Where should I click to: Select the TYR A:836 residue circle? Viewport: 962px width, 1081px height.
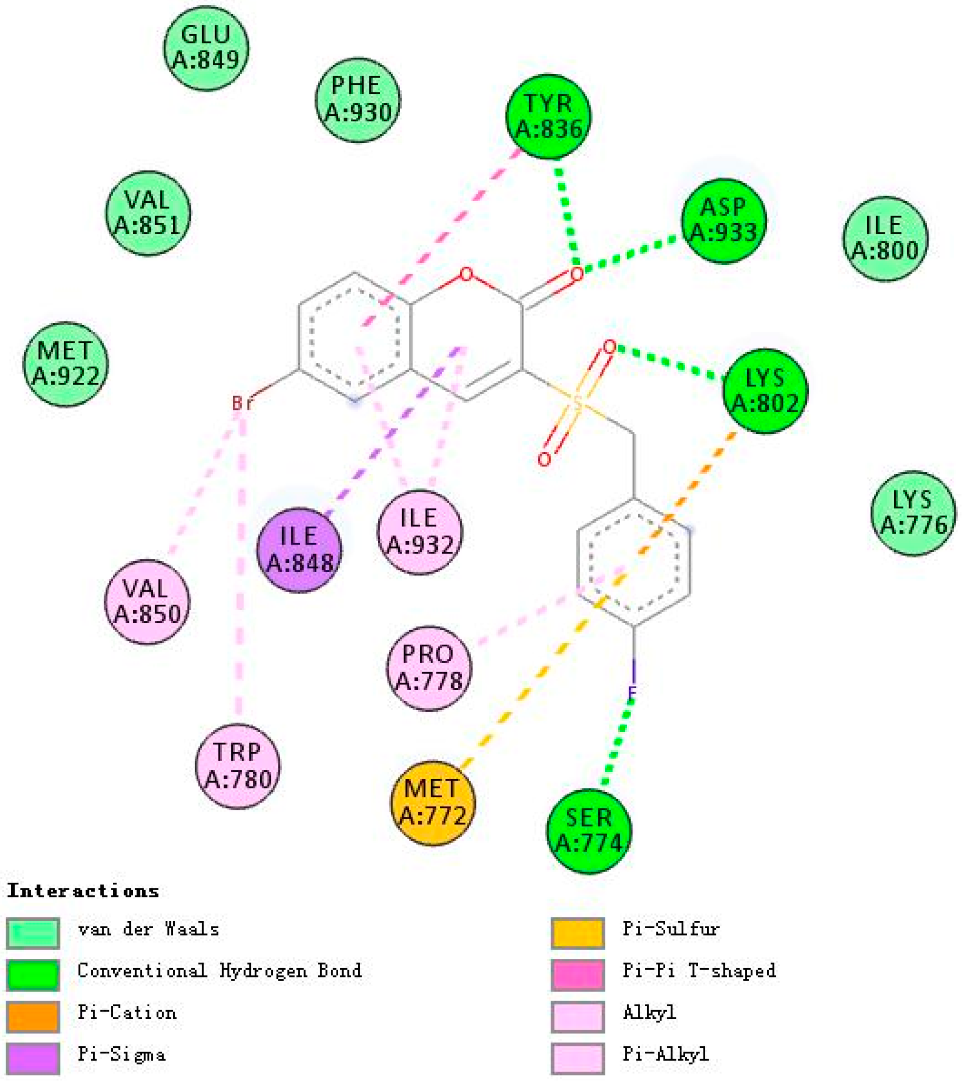pos(549,116)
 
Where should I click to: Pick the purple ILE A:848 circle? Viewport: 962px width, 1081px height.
pos(299,550)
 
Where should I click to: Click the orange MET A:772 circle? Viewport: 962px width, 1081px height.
pos(433,802)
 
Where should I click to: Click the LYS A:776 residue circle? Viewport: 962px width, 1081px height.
pos(913,513)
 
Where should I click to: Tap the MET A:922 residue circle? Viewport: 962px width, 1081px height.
pos(65,364)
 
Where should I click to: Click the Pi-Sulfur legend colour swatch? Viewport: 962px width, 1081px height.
pos(578,932)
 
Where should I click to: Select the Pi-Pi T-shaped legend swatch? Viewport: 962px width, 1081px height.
pos(578,974)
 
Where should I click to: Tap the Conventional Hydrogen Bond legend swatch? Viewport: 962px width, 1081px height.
pos(33,974)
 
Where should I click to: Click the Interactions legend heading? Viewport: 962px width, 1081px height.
pos(83,890)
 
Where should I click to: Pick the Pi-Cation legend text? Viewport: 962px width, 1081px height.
pos(127,1012)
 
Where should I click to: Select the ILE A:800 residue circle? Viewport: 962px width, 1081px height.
pos(885,238)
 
